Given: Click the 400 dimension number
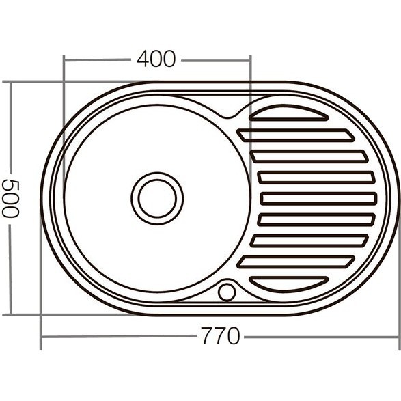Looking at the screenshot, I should tap(156, 59).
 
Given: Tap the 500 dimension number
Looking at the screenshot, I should tap(10, 198).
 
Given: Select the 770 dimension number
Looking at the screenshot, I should tap(220, 337).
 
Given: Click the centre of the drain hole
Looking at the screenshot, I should tap(157, 198).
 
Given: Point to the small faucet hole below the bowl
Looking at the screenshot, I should tap(227, 292).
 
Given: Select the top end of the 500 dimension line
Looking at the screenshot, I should tap(10, 83).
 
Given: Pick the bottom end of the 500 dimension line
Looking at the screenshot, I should tap(10, 314).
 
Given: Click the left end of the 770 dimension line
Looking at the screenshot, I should tap(42, 337).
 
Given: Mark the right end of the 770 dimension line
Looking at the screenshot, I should tap(398, 337).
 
